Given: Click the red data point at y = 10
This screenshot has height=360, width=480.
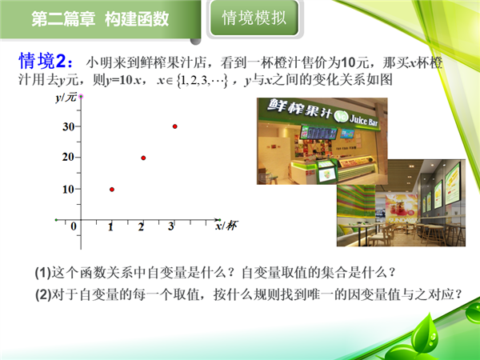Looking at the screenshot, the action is pyautogui.click(x=112, y=190).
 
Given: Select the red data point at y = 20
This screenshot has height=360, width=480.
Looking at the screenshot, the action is pyautogui.click(x=143, y=158).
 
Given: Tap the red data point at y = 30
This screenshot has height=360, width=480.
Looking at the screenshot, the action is pyautogui.click(x=174, y=126).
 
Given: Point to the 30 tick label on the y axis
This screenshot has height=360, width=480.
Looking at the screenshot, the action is pyautogui.click(x=68, y=126).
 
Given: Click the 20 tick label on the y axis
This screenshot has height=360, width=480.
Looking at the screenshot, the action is pyautogui.click(x=68, y=157).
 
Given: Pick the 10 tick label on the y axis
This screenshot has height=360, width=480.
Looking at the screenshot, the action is pyautogui.click(x=68, y=190).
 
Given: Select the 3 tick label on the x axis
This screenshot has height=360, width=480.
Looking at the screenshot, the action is pyautogui.click(x=171, y=226).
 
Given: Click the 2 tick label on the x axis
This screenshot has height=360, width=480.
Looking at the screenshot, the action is pyautogui.click(x=141, y=227).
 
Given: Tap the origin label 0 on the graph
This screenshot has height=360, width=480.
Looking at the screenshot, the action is pyautogui.click(x=74, y=226).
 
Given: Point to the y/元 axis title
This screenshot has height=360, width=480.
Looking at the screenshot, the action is pyautogui.click(x=66, y=98).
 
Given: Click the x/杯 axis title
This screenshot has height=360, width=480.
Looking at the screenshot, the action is pyautogui.click(x=226, y=226).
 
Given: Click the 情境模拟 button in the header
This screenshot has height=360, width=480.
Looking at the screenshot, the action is pyautogui.click(x=254, y=18).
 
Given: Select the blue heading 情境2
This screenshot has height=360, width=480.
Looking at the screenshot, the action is pyautogui.click(x=46, y=62).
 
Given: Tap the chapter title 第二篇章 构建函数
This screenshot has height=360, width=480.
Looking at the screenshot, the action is pyautogui.click(x=100, y=19).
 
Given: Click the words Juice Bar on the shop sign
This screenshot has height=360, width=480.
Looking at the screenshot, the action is pyautogui.click(x=364, y=120).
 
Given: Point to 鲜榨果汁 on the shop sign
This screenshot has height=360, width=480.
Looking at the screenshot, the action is pyautogui.click(x=299, y=109).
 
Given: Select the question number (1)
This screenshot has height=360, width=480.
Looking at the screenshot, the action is pyautogui.click(x=43, y=273).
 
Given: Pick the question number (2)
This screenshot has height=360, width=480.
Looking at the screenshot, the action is pyautogui.click(x=43, y=294).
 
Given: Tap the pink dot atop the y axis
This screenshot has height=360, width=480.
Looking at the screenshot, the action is pyautogui.click(x=81, y=97).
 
